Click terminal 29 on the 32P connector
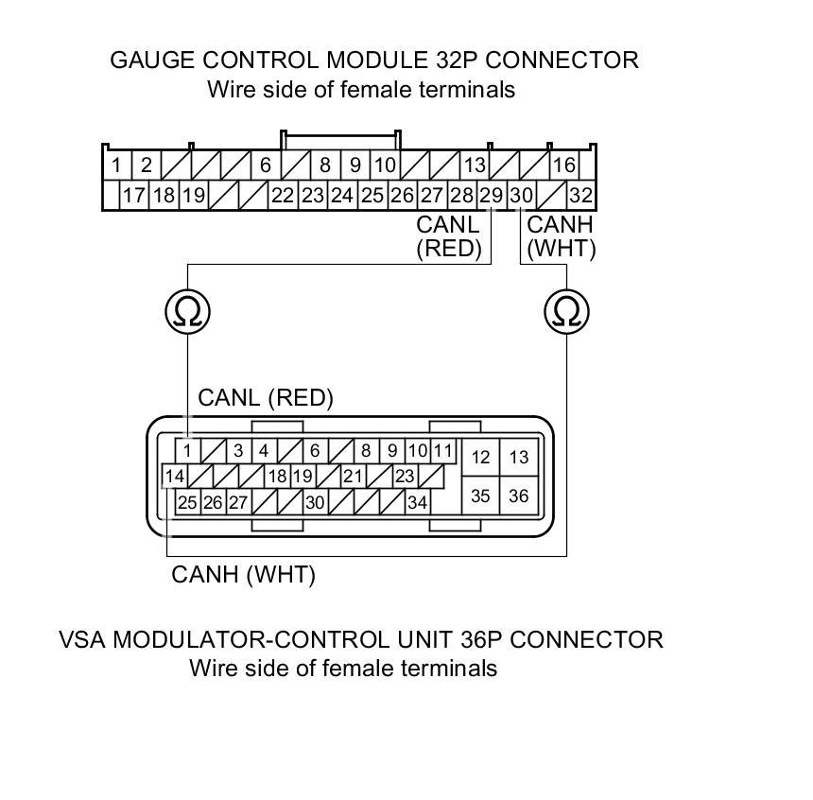491,196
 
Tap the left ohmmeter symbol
187,311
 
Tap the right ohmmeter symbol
567,311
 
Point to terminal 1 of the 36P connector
188,450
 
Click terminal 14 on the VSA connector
174,476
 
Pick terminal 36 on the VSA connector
518,496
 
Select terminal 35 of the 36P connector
480,496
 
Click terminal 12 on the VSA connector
480,458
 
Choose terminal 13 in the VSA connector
518,458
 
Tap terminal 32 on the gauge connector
580,196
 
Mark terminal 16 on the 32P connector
564,165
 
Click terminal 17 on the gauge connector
134,196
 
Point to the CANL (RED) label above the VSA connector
266,398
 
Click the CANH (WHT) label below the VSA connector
243,574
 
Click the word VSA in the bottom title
81,639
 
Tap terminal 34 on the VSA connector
417,502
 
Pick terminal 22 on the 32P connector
283,196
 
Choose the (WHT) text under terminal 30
561,248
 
